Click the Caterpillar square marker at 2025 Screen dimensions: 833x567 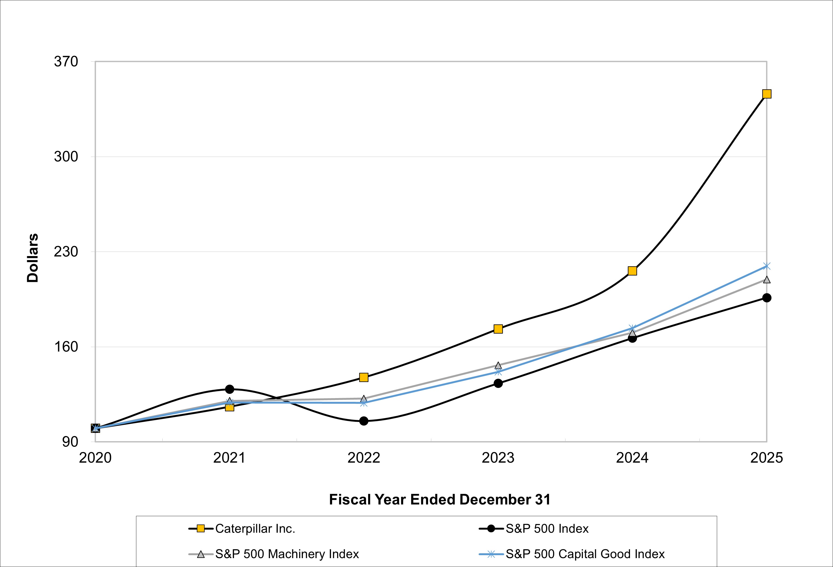(766, 94)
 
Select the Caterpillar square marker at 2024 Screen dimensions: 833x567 (632, 271)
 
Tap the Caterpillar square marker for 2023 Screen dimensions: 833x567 (498, 329)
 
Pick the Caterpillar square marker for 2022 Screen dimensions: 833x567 (364, 377)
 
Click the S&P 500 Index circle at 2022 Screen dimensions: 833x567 (364, 421)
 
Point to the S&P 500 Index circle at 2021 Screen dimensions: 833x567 (229, 389)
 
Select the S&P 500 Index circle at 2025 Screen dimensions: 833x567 (766, 298)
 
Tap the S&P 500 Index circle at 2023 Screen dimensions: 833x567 (498, 383)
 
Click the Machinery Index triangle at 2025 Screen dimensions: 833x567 (766, 280)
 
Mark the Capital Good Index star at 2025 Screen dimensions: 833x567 (766, 266)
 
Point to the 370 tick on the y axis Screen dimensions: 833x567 (66, 62)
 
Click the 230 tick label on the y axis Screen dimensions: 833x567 (66, 252)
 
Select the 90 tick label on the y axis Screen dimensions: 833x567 (70, 442)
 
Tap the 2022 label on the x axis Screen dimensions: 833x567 (364, 458)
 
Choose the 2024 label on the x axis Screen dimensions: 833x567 (632, 458)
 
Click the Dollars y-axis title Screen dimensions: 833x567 (33, 258)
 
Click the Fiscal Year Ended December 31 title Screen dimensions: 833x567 (439, 499)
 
